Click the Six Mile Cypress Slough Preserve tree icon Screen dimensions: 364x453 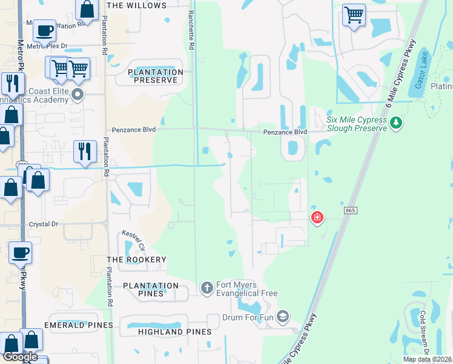pos(396,123)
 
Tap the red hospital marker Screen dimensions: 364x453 pos(317,217)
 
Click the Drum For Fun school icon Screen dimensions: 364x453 pos(282,315)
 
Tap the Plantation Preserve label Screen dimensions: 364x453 pos(156,76)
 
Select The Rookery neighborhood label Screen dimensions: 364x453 pos(136,260)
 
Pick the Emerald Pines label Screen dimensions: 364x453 pos(82,325)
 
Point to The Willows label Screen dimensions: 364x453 pos(136,5)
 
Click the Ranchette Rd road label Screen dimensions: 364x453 pos(191,30)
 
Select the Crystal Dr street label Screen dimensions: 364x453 pos(44,224)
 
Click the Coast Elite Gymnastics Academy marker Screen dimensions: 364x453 pos(78,94)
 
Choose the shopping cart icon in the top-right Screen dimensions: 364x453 pos(354,14)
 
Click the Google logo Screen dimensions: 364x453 pos(20,357)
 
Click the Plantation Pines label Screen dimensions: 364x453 pos(151,289)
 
